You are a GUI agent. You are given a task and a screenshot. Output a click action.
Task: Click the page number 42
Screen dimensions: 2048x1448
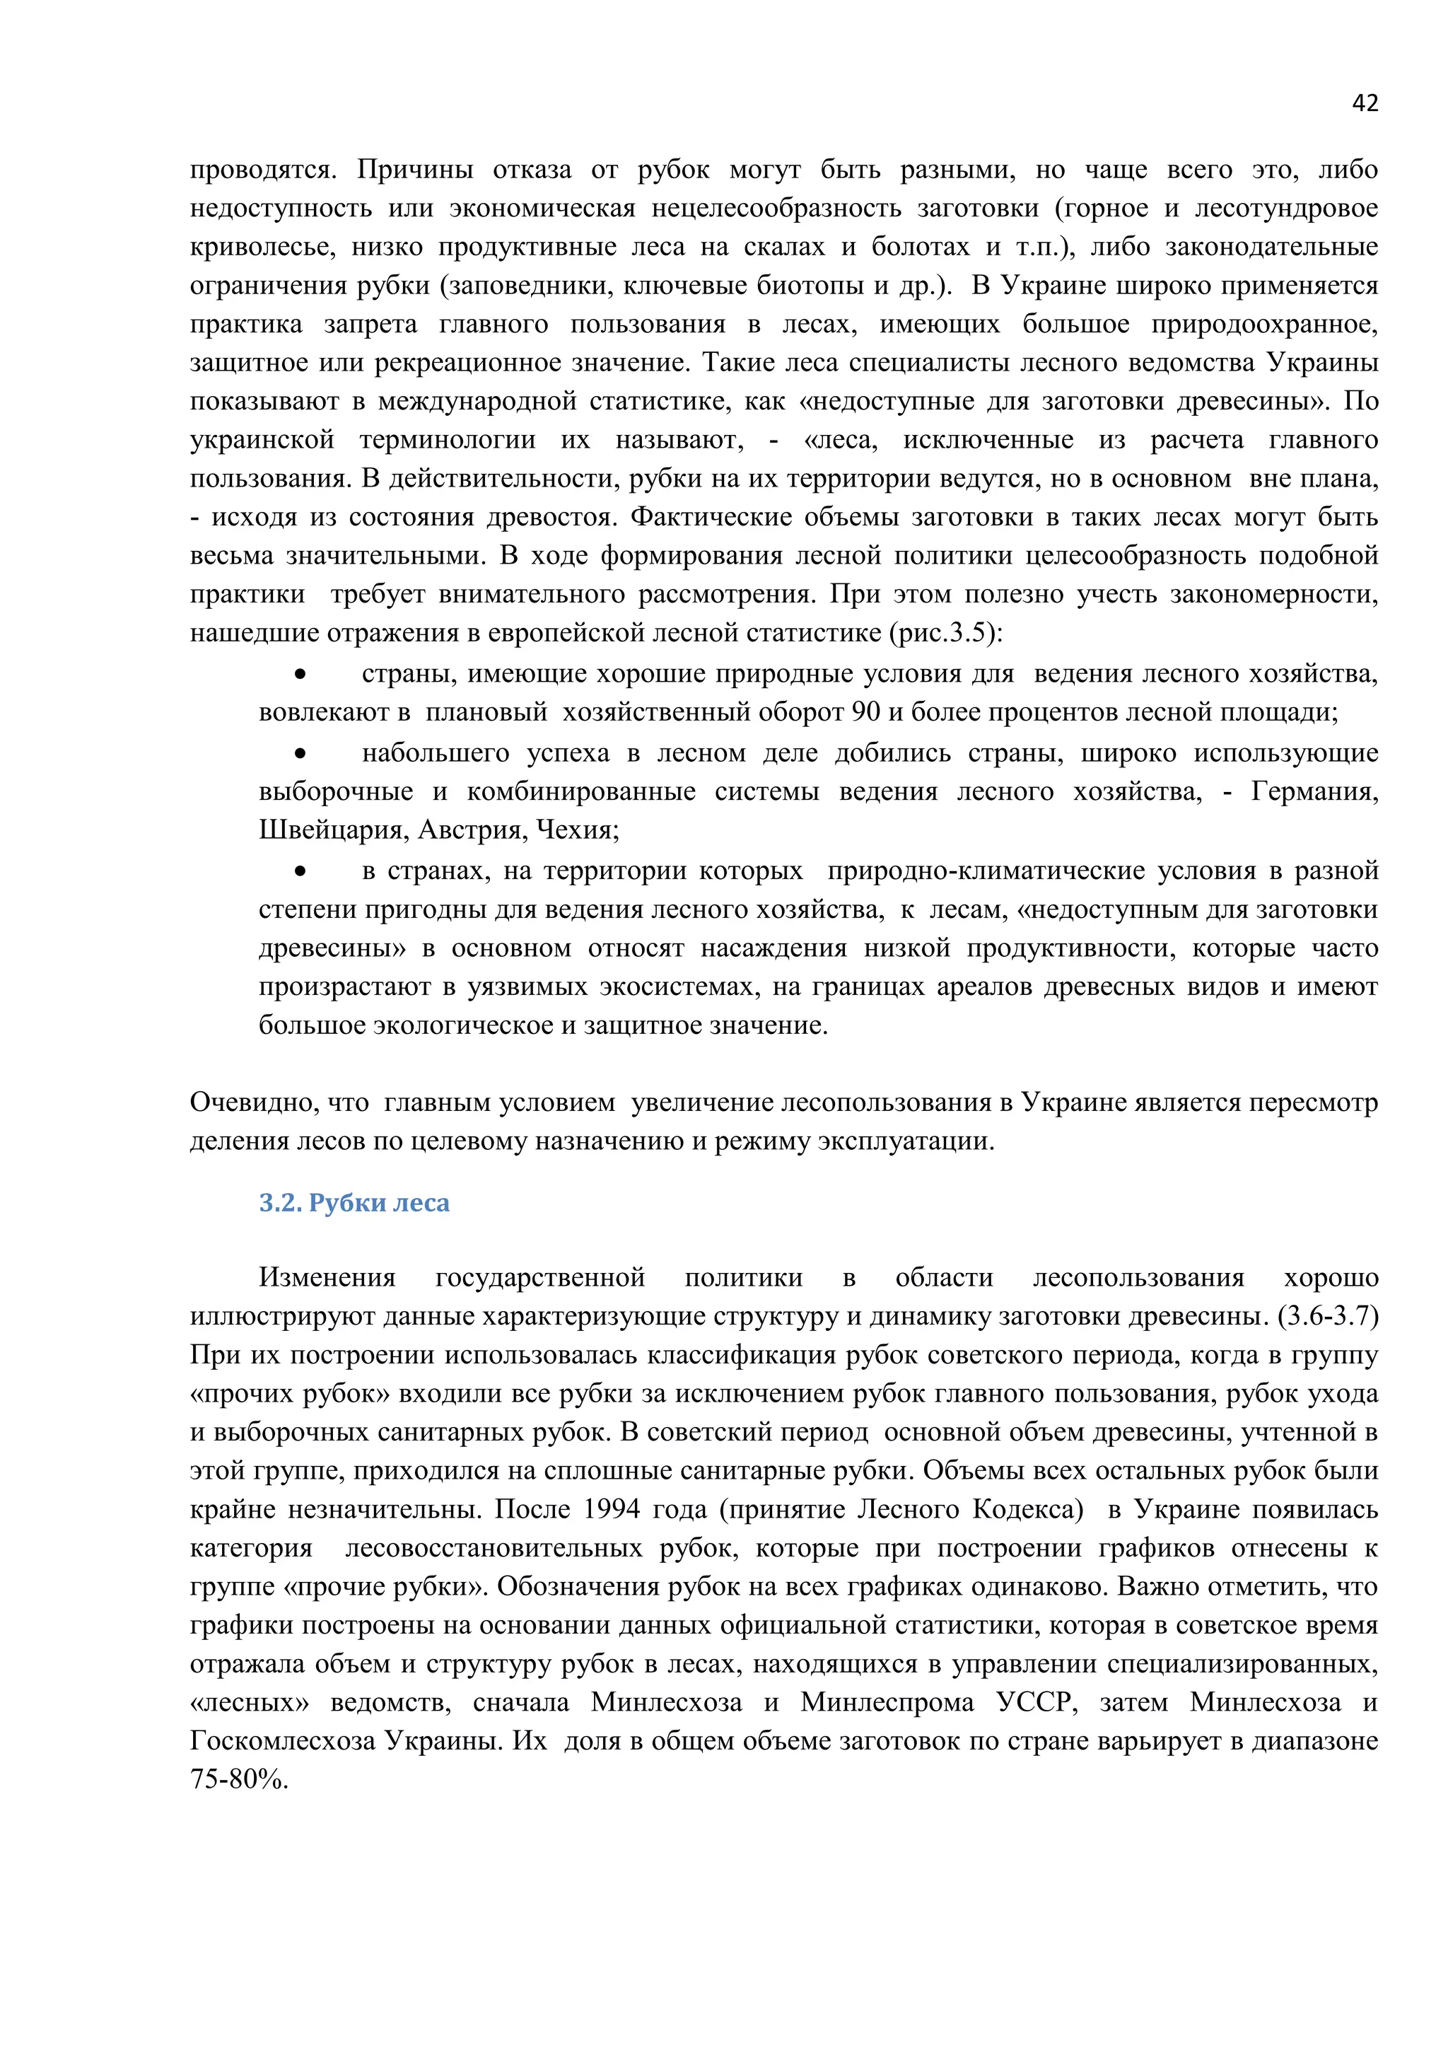coord(1364,103)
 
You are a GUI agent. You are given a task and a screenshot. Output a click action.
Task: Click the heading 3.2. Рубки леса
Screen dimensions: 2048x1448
coord(354,1204)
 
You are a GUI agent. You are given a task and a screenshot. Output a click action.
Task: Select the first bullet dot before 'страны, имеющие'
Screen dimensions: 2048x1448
coord(300,675)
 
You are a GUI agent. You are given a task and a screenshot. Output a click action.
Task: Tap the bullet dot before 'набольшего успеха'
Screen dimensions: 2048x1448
coord(300,754)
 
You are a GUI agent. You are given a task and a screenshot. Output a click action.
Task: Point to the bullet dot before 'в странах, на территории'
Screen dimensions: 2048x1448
coord(300,871)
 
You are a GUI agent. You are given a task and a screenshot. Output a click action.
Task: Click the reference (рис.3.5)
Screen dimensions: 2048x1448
coord(945,634)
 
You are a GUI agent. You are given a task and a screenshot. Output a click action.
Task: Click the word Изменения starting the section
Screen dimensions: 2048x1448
coord(327,1277)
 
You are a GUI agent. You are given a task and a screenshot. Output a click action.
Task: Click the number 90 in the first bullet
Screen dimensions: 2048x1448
coord(866,713)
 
